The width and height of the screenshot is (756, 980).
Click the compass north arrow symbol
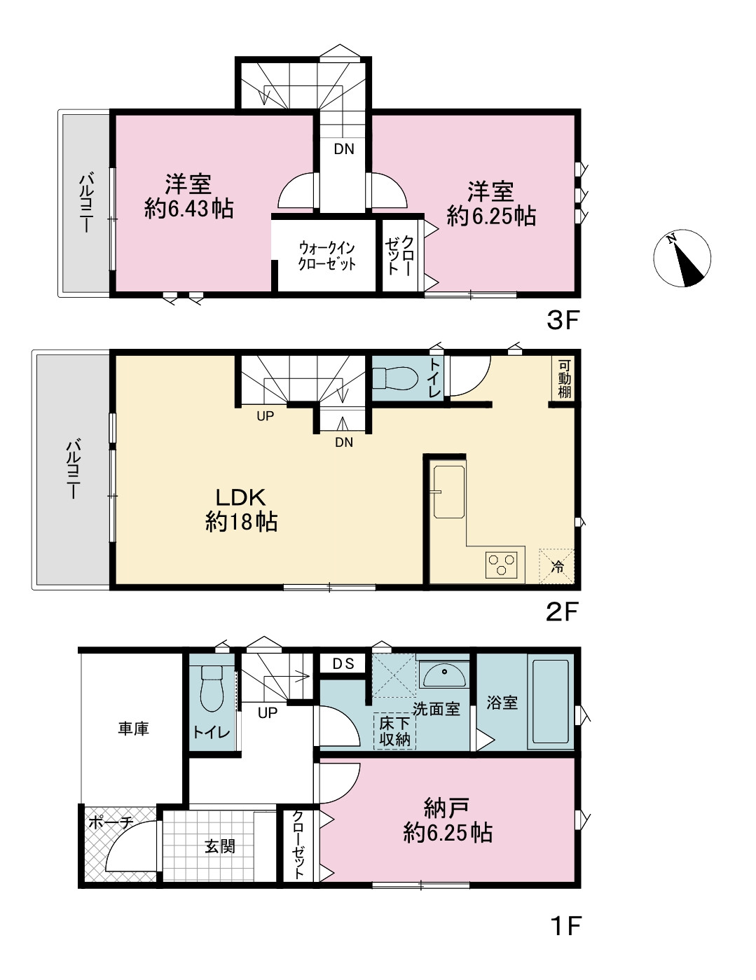coord(682,258)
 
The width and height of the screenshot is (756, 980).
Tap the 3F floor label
coord(562,321)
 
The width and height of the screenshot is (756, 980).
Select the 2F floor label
coord(562,612)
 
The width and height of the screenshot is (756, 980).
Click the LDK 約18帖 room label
coord(241,510)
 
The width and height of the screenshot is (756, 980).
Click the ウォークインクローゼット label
coord(327,256)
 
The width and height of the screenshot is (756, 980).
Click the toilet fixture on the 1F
coord(212,688)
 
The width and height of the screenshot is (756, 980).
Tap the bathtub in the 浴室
coord(550,701)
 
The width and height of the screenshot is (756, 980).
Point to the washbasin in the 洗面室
coord(444,675)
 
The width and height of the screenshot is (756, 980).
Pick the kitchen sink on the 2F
coord(449,492)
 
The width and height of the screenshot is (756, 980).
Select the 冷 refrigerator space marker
coord(557,567)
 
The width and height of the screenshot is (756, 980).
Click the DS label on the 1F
coord(343,663)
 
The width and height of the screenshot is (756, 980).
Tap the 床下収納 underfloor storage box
coord(394,731)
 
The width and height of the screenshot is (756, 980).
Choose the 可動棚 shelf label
coord(564,379)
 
